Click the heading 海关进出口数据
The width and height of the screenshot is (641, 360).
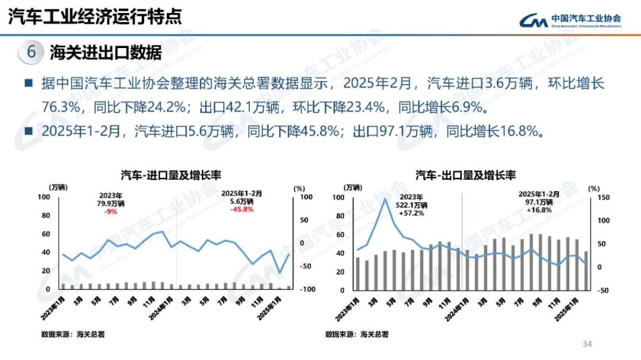pyautogui.click(x=106, y=52)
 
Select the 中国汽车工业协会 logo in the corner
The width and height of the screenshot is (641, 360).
pyautogui.click(x=570, y=21)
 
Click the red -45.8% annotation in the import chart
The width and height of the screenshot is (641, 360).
pyautogui.click(x=242, y=209)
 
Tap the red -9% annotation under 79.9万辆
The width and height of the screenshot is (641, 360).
pyautogui.click(x=110, y=211)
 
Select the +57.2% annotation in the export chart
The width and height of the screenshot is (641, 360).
pyautogui.click(x=411, y=213)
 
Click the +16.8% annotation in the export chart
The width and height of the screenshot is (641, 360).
pyautogui.click(x=539, y=209)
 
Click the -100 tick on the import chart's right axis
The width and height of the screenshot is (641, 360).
pyautogui.click(x=308, y=289)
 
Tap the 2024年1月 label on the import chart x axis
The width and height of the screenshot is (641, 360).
pyautogui.click(x=163, y=306)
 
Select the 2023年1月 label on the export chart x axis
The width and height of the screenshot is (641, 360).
pyautogui.click(x=347, y=306)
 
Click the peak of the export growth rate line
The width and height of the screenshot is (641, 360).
pyautogui.click(x=385, y=199)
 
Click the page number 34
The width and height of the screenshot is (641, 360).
pyautogui.click(x=588, y=344)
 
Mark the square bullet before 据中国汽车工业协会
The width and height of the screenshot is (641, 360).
pyautogui.click(x=28, y=84)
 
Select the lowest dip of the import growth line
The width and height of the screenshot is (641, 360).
pyautogui.click(x=280, y=273)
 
